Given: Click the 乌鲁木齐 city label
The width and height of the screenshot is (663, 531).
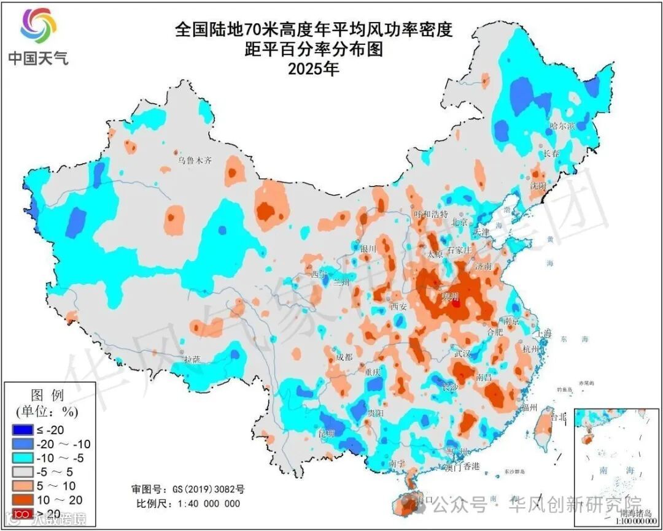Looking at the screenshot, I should coord(195,161).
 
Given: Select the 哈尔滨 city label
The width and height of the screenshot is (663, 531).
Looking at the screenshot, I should coord(562,126).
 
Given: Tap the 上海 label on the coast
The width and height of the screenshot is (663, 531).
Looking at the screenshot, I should coord(543,333).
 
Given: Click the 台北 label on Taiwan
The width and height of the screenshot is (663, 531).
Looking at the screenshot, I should coord(559,416).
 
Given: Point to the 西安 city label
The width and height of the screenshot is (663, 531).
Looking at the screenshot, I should coord(399,306).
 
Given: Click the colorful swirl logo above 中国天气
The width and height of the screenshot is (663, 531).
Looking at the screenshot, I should coord(38,26).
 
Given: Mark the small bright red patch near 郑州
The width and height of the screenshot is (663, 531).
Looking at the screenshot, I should coord(456,303).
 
